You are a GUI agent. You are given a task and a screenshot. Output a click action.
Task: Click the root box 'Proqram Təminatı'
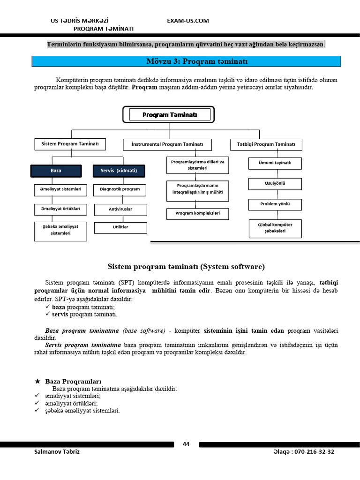[x=169, y=115]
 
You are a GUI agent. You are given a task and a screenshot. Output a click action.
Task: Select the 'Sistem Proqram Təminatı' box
[x=70, y=144]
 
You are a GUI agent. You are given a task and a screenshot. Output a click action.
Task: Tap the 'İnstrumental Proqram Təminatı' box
[x=167, y=144]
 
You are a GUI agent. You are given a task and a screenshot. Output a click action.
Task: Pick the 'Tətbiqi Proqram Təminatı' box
[x=266, y=144]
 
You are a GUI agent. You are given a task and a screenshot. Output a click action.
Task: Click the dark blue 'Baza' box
[x=56, y=171]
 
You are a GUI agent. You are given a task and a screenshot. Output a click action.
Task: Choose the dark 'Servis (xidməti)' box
[x=119, y=171]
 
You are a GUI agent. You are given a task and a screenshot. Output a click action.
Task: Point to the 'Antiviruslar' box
[x=120, y=210]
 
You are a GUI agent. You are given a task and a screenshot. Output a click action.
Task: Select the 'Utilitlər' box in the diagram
[x=120, y=227]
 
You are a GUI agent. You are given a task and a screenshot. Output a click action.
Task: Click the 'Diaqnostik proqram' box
[x=120, y=190]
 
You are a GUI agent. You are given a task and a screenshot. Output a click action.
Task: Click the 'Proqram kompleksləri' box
[x=198, y=214]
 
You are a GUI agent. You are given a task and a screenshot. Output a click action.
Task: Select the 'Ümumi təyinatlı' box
[x=275, y=163]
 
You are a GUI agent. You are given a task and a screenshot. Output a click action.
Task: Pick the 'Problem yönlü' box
[x=275, y=204]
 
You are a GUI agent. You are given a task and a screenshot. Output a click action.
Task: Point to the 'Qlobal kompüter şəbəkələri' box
[x=275, y=228]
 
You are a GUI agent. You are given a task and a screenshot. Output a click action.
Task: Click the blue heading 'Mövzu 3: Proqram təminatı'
[x=186, y=61]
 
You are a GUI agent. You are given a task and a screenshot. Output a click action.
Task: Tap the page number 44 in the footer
[x=186, y=444]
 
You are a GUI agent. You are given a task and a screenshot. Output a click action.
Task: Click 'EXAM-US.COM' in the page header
[x=188, y=21]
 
